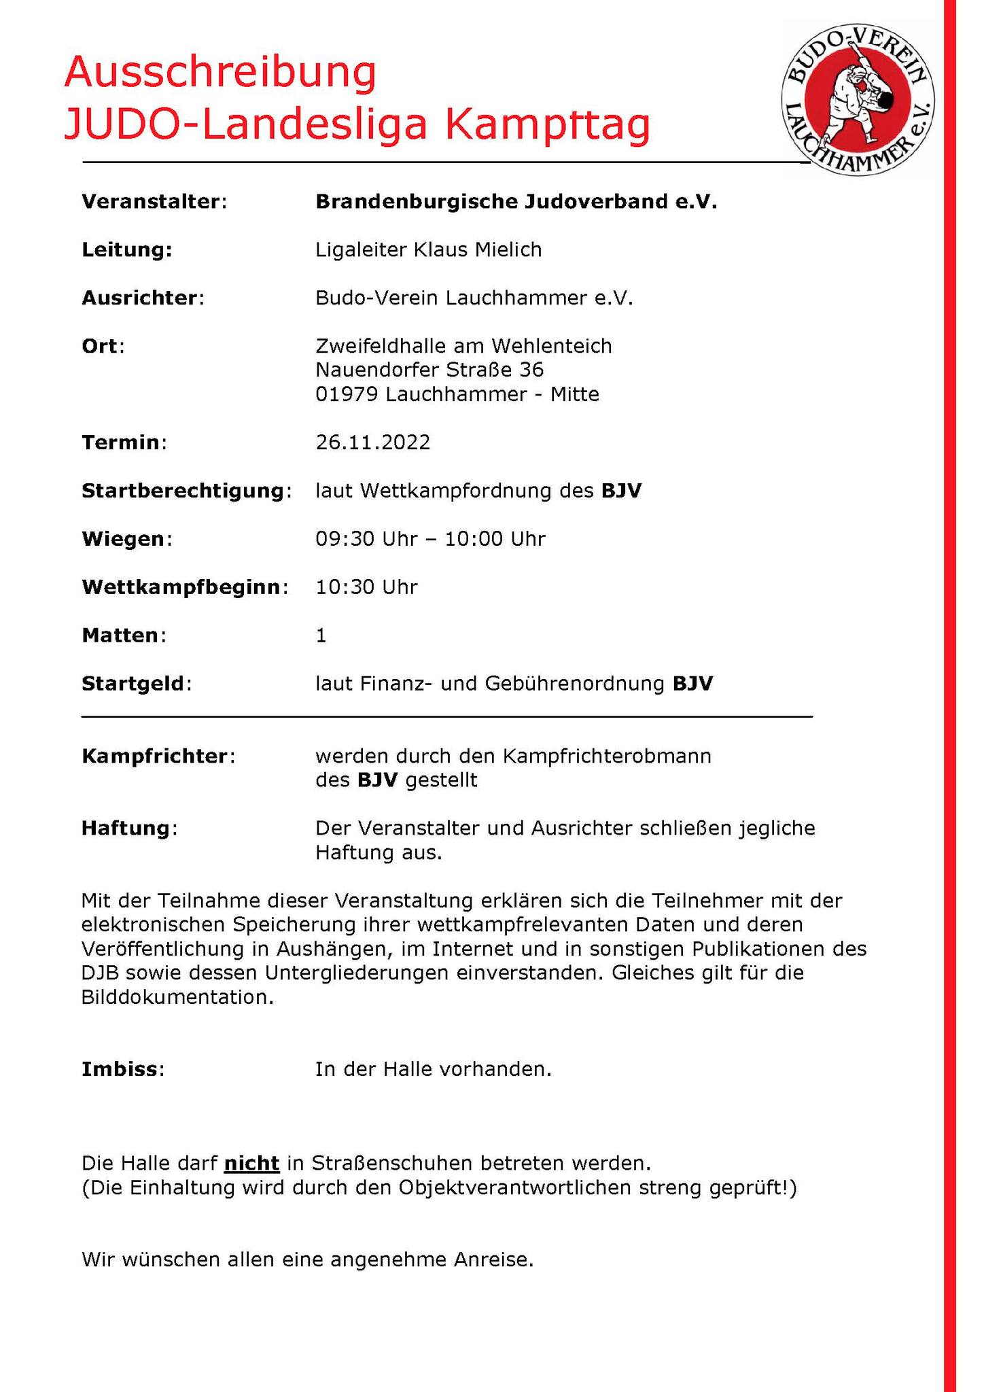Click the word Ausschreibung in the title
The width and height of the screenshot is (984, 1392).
[x=219, y=73]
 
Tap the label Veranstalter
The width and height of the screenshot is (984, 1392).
[x=152, y=202]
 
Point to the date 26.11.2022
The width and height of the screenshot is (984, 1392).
[x=372, y=443]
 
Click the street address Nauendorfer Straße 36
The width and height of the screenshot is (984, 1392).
[x=429, y=370]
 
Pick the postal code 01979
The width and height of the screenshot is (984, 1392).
[x=347, y=394]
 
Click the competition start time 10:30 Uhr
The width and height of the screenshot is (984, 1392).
[x=366, y=587]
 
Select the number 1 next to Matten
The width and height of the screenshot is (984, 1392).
[x=321, y=636]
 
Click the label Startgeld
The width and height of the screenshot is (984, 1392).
[x=133, y=684]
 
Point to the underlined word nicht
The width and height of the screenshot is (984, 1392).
[x=251, y=1164]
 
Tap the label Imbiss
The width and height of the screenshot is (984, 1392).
[x=121, y=1069]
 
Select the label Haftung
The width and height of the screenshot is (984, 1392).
[x=127, y=829]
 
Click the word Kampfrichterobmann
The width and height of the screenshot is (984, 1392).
[x=607, y=756]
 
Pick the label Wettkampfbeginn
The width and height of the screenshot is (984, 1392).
[x=181, y=587]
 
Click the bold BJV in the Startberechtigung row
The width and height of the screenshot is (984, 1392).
[x=621, y=491]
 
